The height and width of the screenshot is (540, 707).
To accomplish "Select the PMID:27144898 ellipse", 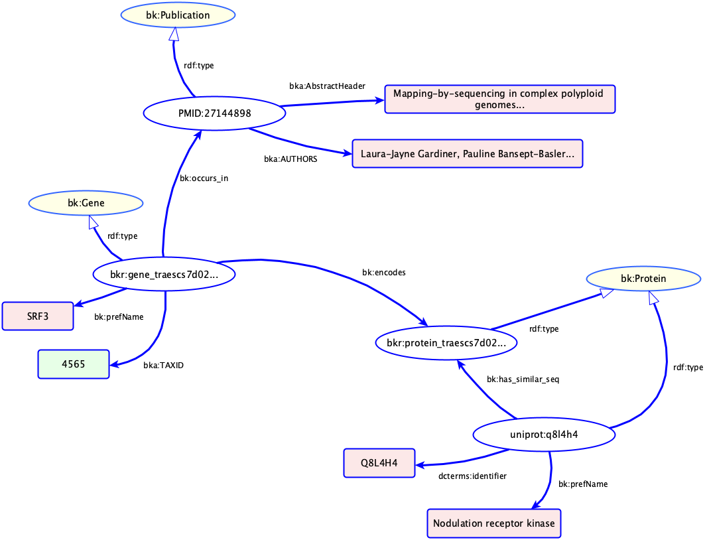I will pyautogui.click(x=214, y=113).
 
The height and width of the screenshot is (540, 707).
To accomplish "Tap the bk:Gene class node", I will pyautogui.click(x=86, y=203).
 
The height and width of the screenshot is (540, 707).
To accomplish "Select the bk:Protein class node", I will pyautogui.click(x=643, y=279).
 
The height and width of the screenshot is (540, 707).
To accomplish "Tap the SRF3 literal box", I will pyautogui.click(x=38, y=316).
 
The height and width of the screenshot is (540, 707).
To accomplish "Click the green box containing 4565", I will pyautogui.click(x=73, y=364).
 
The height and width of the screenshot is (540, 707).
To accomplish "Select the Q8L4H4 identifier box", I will pyautogui.click(x=379, y=463).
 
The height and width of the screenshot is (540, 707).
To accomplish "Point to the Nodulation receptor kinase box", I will pyautogui.click(x=494, y=523).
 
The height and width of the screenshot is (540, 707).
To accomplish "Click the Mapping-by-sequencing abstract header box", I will pyautogui.click(x=499, y=100).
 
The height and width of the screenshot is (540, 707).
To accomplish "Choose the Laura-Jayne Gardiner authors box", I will pyautogui.click(x=467, y=153).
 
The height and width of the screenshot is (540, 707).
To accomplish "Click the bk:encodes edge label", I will pyautogui.click(x=383, y=272).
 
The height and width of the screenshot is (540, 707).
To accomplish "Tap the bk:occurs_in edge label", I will pyautogui.click(x=204, y=178).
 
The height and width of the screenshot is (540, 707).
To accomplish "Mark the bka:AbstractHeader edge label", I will pyautogui.click(x=328, y=86).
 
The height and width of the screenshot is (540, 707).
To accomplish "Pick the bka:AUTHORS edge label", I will pyautogui.click(x=290, y=159).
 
